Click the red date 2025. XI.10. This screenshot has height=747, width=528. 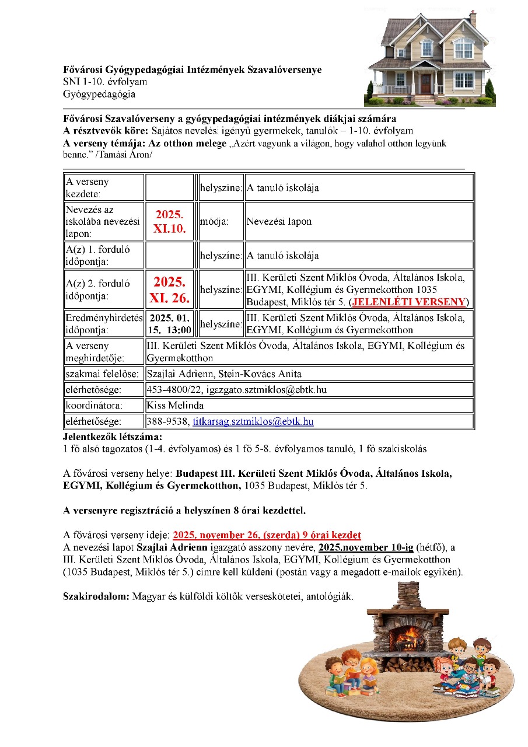[169, 222]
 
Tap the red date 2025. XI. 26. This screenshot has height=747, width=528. [169, 290]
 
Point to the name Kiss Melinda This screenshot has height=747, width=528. [175, 405]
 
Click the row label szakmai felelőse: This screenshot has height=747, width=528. [102, 373]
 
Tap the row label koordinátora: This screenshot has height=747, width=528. [96, 405]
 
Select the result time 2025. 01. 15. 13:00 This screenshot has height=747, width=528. [169, 324]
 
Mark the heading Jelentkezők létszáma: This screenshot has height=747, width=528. [113, 437]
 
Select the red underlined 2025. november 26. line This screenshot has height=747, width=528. [267, 535]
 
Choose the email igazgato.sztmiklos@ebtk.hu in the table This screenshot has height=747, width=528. [265, 389]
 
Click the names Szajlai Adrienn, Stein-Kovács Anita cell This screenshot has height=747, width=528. [224, 373]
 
